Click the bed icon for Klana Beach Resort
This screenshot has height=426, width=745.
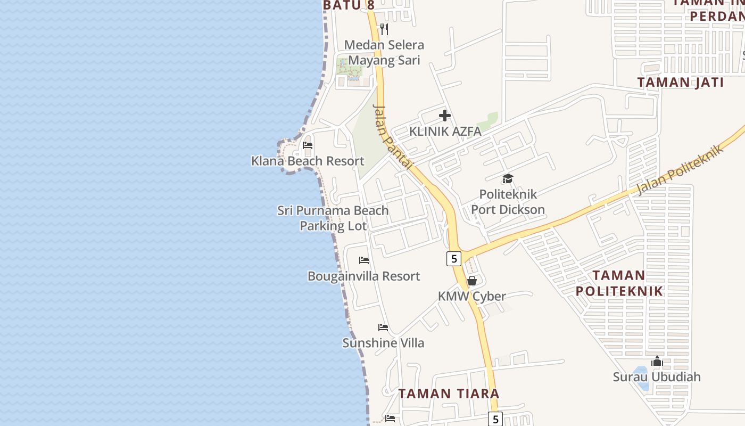[308, 145]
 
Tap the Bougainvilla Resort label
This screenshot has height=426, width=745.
[364, 276]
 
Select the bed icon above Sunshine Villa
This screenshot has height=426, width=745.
[383, 327]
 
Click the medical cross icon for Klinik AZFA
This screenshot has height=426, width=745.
[445, 116]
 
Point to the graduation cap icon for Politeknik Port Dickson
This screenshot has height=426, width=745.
[508, 178]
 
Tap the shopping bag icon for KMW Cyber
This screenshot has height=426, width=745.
[471, 281]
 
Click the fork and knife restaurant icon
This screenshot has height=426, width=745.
[384, 29]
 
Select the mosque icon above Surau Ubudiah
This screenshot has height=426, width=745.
[657, 362]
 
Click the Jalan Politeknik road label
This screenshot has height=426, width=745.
[681, 169]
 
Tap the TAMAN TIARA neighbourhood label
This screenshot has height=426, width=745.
[449, 394]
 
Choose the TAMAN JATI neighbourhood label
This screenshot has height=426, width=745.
[681, 83]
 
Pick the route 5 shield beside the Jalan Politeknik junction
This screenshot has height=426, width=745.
[453, 259]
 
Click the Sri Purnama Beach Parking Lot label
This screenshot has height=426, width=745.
[333, 218]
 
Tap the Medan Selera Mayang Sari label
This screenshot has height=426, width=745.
[384, 53]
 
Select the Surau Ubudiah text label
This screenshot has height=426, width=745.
[657, 377]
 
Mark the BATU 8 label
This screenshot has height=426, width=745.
[349, 5]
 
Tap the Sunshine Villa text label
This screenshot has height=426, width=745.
[383, 343]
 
